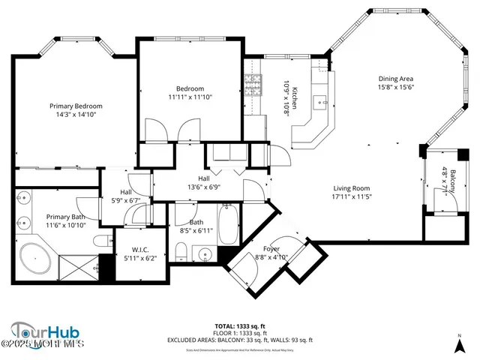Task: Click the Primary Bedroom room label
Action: (76, 106)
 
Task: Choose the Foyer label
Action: (271, 248)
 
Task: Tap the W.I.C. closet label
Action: (143, 250)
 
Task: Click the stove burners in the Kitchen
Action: (253, 82)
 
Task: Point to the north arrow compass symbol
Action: (459, 345)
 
